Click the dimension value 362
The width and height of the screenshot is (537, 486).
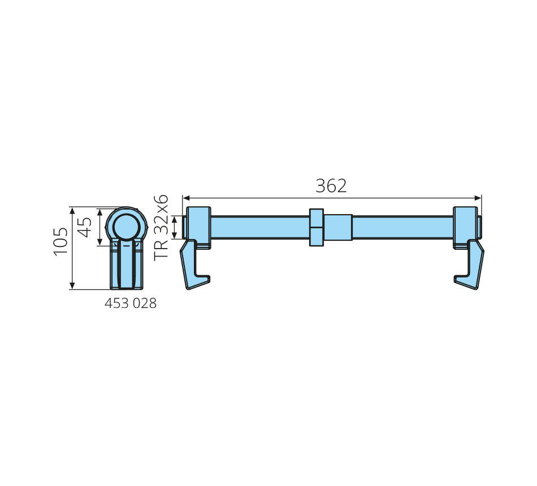[x=331, y=186]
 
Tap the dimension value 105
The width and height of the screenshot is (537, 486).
[x=61, y=241]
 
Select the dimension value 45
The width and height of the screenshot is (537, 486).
[x=85, y=227]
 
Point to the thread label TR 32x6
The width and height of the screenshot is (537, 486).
[x=161, y=228]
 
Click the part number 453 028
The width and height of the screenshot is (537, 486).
[x=131, y=303]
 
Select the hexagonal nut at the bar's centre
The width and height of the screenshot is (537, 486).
[x=317, y=227]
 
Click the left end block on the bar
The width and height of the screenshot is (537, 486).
[x=198, y=227]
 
